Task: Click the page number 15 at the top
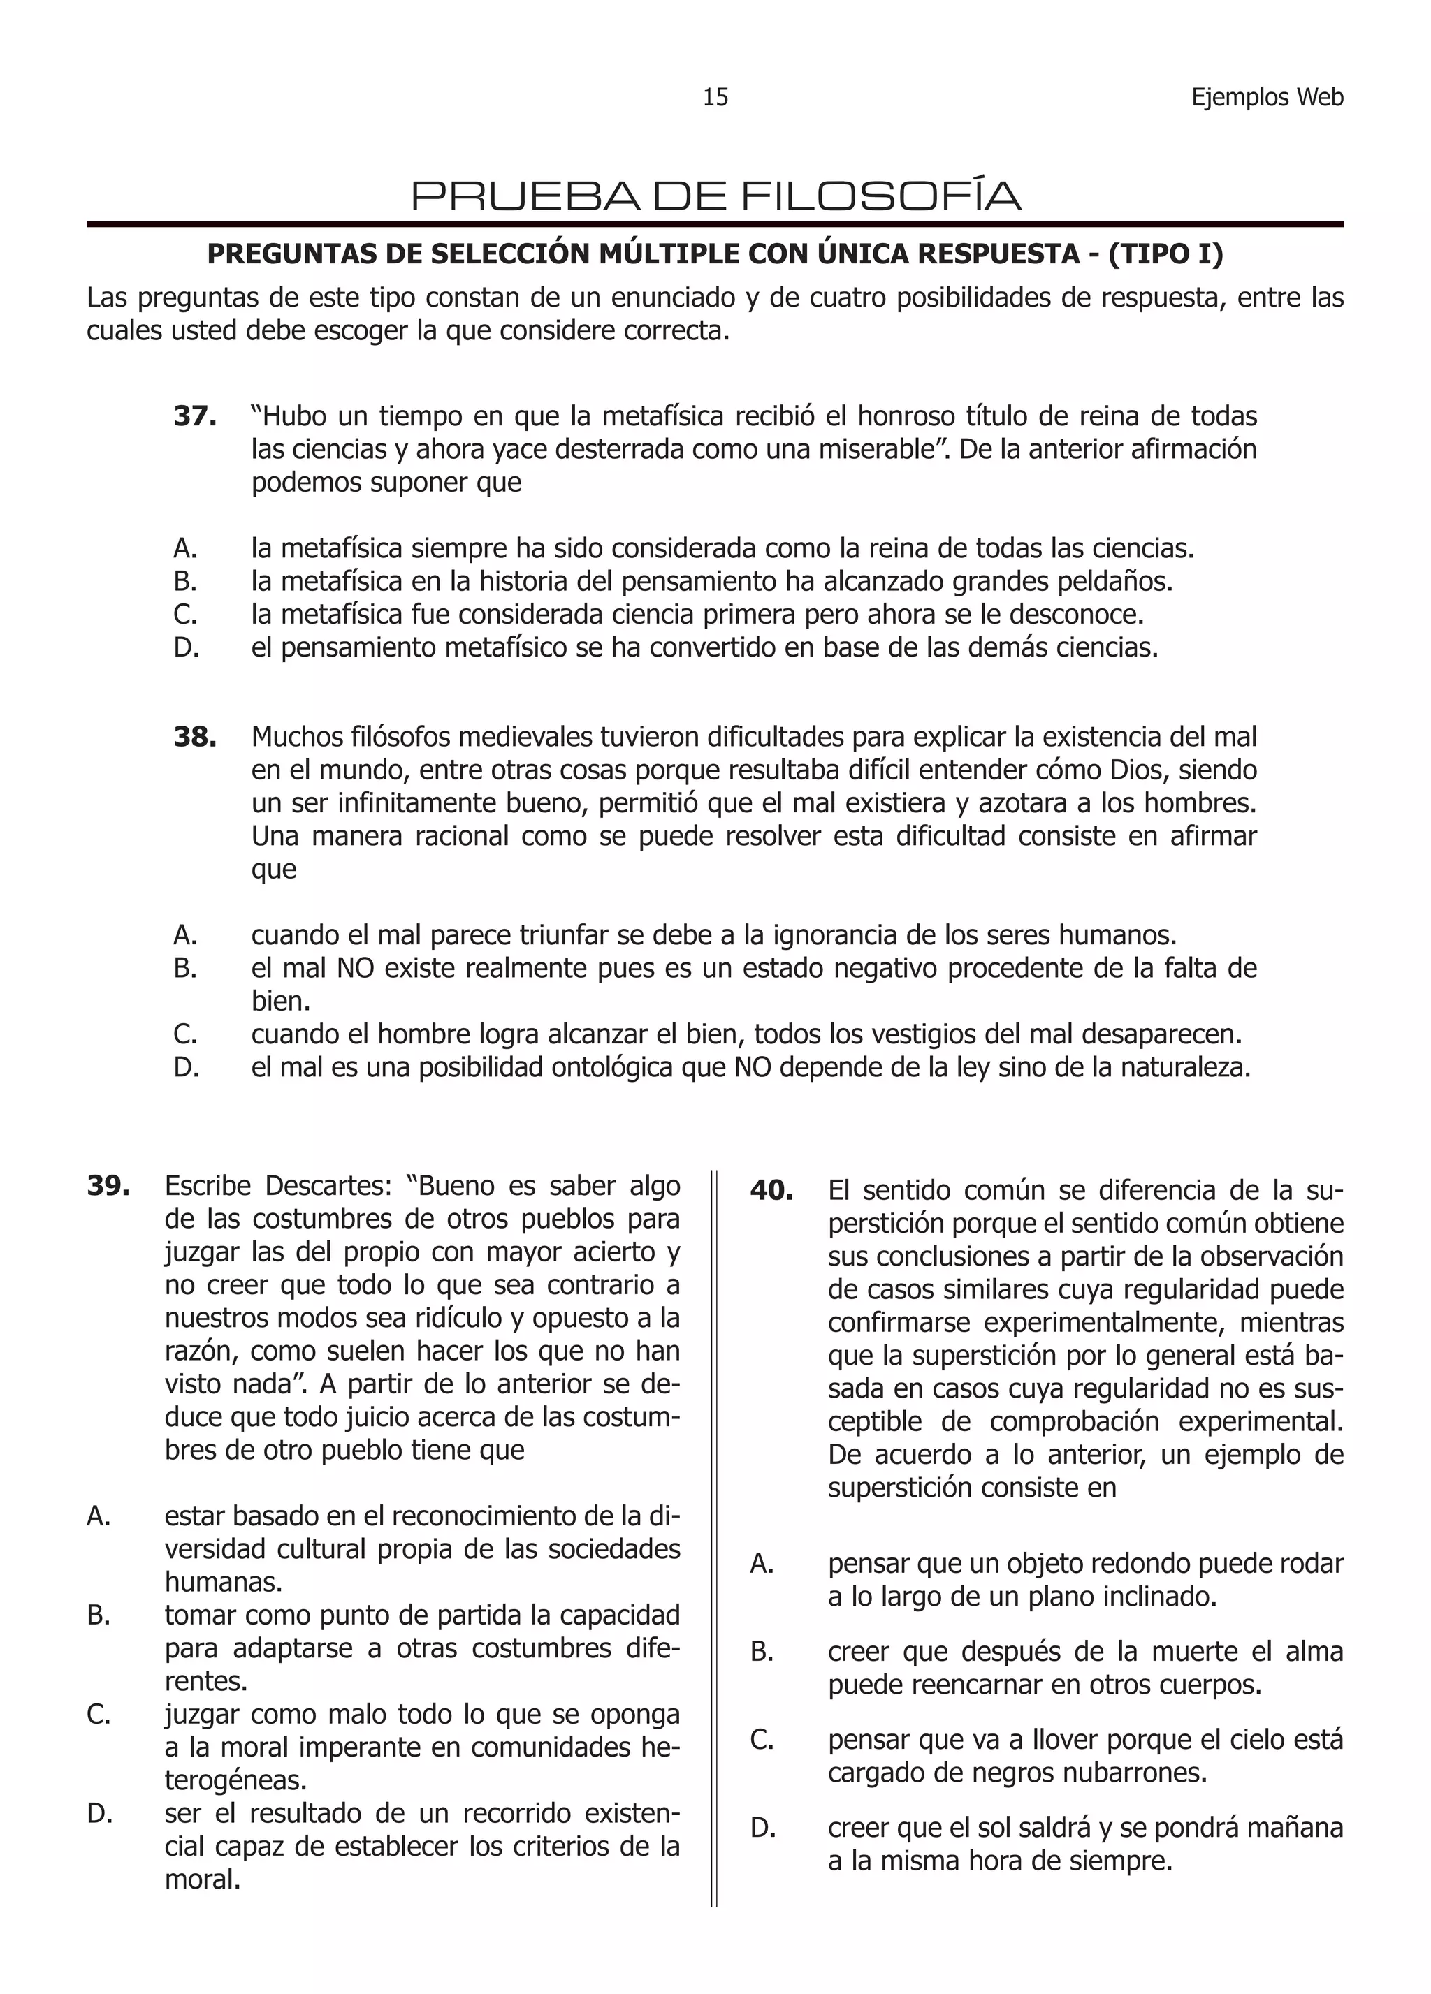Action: point(715,98)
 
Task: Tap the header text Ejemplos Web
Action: point(1267,98)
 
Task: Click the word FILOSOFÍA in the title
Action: point(880,196)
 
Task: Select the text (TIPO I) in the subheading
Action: point(1165,254)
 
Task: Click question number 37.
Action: point(195,416)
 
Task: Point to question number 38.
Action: point(195,737)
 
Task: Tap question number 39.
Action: point(108,1186)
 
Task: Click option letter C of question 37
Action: point(186,615)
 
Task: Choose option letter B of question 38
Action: point(186,969)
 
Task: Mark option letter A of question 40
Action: point(762,1564)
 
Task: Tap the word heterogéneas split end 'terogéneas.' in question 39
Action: point(235,1780)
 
